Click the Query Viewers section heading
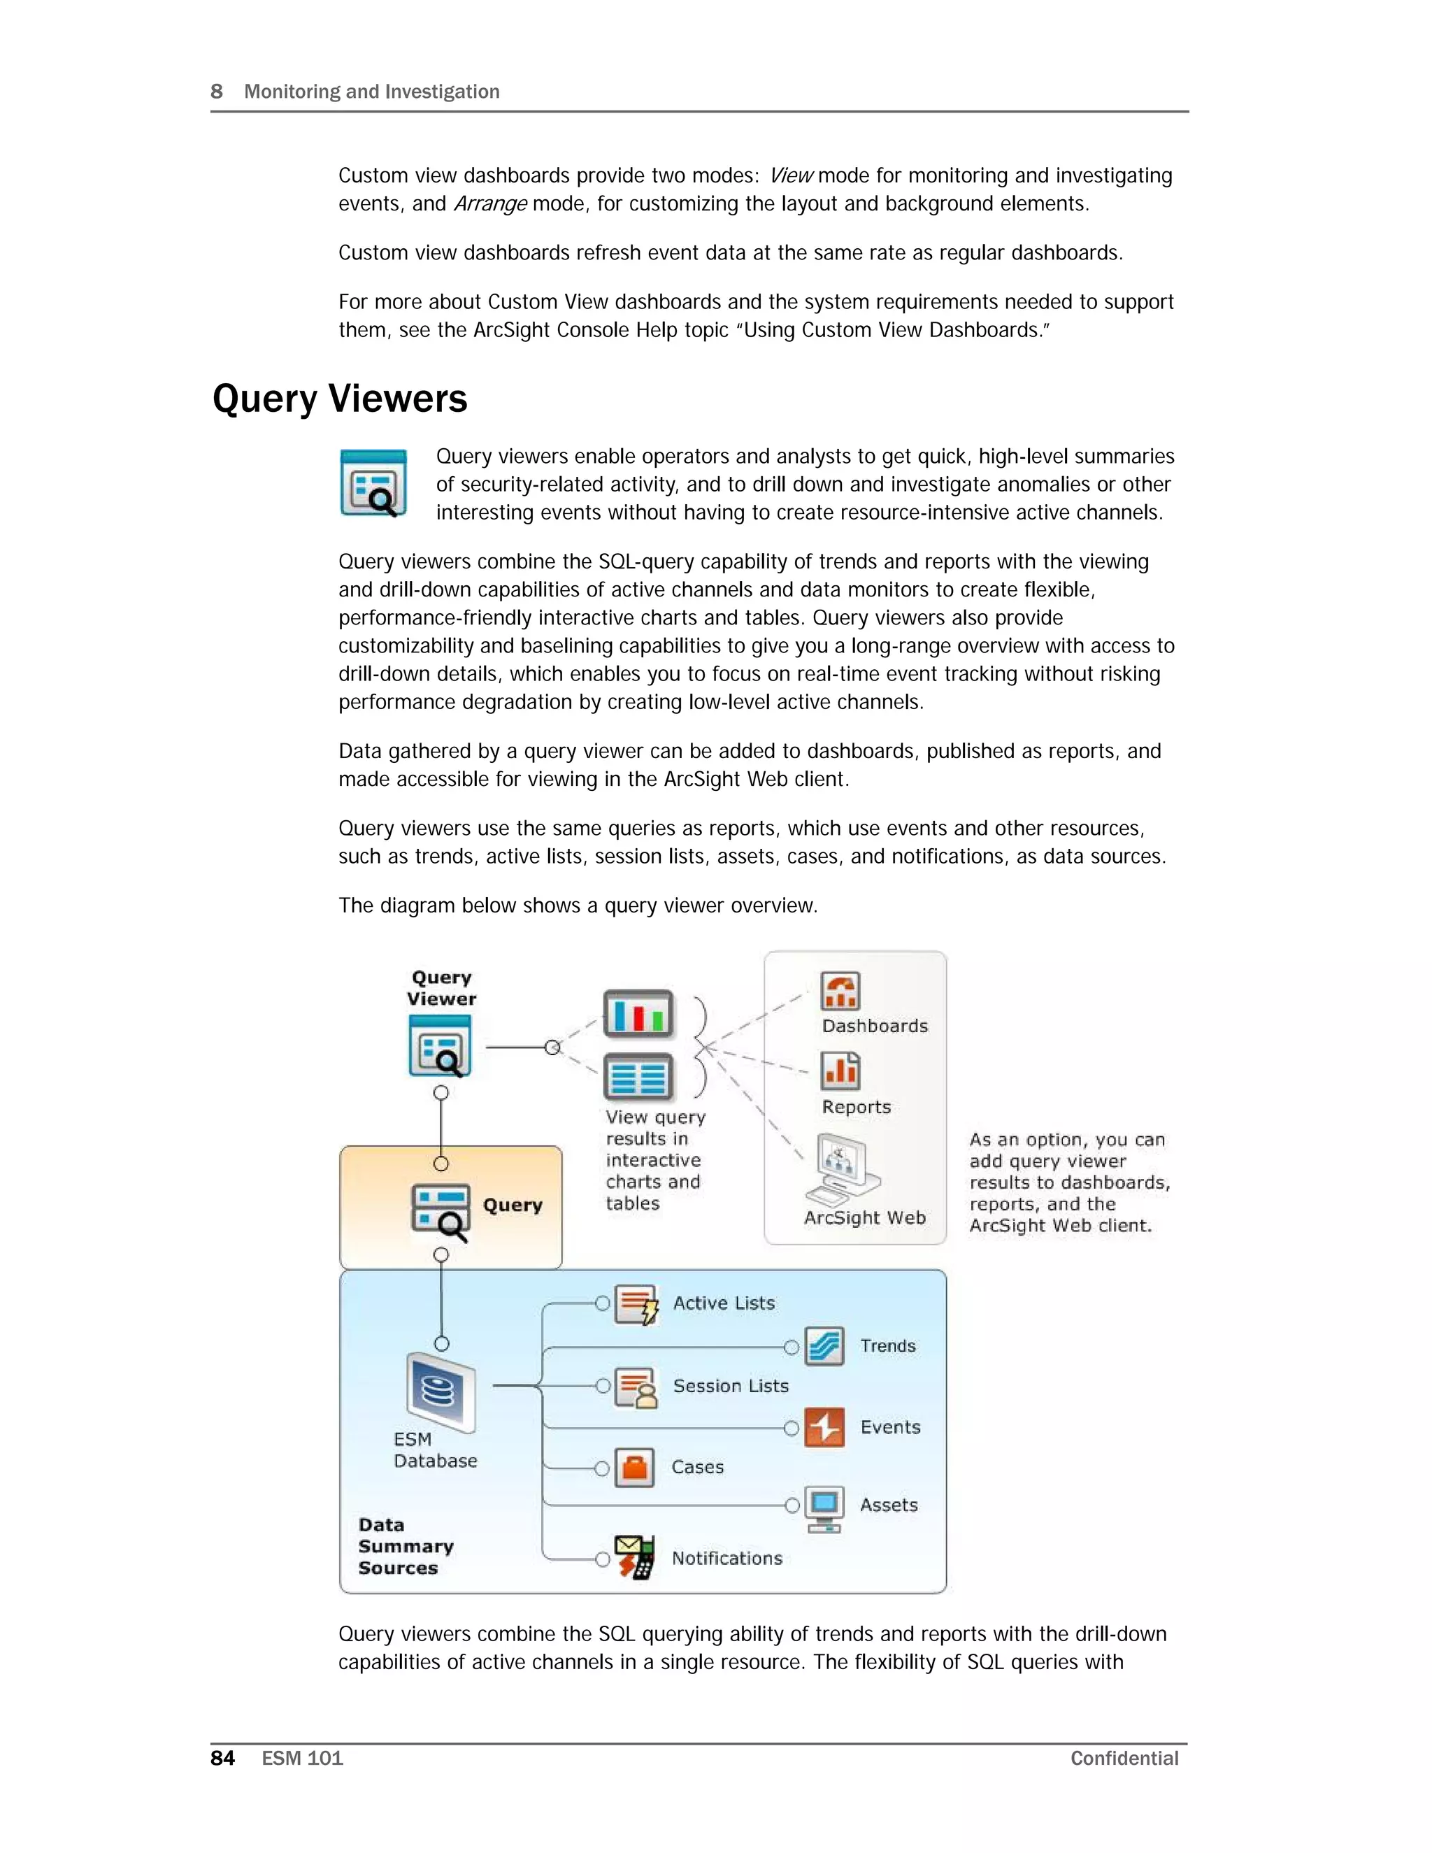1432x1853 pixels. pyautogui.click(x=339, y=399)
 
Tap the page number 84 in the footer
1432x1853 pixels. pyautogui.click(x=222, y=1758)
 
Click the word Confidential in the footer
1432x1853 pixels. pyautogui.click(x=1124, y=1758)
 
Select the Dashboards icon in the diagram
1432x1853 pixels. pyautogui.click(x=840, y=991)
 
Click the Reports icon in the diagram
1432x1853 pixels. pyautogui.click(x=840, y=1071)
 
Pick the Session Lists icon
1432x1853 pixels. pyautogui.click(x=636, y=1387)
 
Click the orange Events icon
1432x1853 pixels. pyautogui.click(x=824, y=1427)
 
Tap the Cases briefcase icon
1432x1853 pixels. pyautogui.click(x=635, y=1468)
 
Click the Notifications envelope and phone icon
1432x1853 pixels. pyautogui.click(x=636, y=1558)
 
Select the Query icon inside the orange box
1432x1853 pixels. pyautogui.click(x=441, y=1210)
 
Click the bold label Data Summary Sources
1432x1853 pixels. pyautogui.click(x=405, y=1546)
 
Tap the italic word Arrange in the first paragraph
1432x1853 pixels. pyautogui.click(x=490, y=203)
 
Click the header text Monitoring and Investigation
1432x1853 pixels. pyautogui.click(x=371, y=92)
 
